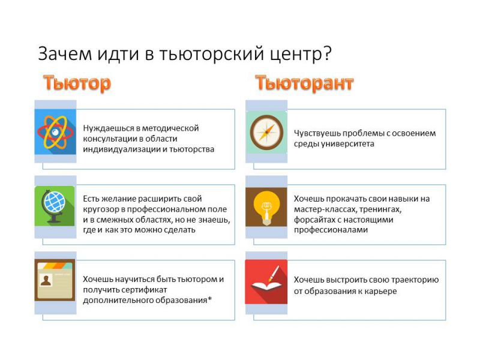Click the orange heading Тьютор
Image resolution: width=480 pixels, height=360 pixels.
(77, 83)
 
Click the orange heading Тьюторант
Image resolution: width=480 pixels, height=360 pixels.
(305, 83)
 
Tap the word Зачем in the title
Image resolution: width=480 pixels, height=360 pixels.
(65, 53)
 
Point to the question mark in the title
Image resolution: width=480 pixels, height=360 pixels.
(327, 53)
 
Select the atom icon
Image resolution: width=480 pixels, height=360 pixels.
(55, 132)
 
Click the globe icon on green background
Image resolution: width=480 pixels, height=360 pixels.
(55, 206)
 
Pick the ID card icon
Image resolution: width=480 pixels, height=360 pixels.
(55, 280)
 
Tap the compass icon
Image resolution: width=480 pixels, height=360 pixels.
(266, 132)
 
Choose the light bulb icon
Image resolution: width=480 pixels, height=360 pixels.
(266, 207)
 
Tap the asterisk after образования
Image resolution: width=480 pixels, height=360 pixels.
(209, 298)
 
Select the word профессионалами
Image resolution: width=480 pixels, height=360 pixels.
(331, 230)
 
